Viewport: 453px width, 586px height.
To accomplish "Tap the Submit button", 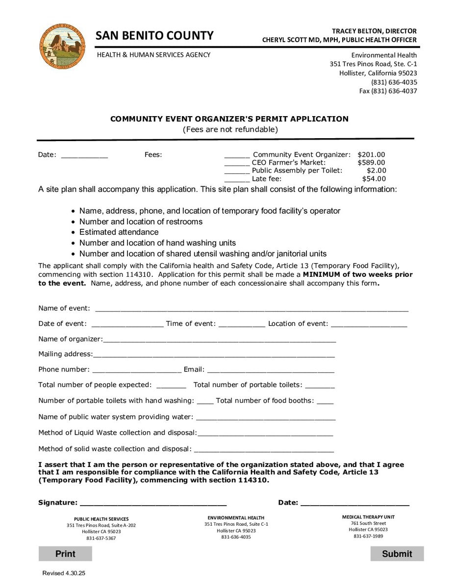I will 397,554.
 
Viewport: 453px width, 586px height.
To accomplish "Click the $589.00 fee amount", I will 371,163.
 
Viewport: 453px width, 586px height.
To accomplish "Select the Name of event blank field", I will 252,309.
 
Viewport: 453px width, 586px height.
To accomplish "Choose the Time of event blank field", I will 242,324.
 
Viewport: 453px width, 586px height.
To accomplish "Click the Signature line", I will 153,503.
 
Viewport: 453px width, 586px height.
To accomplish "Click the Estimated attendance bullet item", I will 119,232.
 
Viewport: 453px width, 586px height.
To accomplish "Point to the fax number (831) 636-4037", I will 388,91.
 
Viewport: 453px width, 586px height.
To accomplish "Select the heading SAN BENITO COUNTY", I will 154,36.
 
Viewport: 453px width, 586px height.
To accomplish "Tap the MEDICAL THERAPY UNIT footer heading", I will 368,517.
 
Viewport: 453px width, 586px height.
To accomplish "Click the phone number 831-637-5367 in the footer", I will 101,538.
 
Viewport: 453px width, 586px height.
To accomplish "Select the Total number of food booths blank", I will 325,402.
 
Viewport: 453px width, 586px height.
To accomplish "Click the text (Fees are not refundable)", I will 230,130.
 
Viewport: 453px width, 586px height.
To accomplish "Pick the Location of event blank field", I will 369,324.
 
